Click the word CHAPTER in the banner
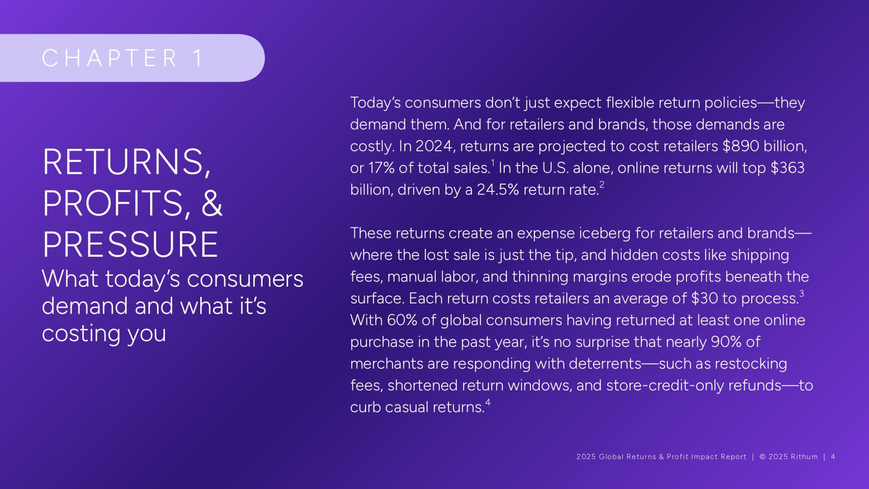tap(110, 58)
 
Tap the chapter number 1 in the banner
tap(198, 58)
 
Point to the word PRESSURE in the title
tap(130, 244)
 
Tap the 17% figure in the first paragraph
tap(381, 167)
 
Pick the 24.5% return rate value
tap(498, 190)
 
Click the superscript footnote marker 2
tap(602, 185)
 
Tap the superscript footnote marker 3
tap(801, 294)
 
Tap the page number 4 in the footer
tap(833, 457)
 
